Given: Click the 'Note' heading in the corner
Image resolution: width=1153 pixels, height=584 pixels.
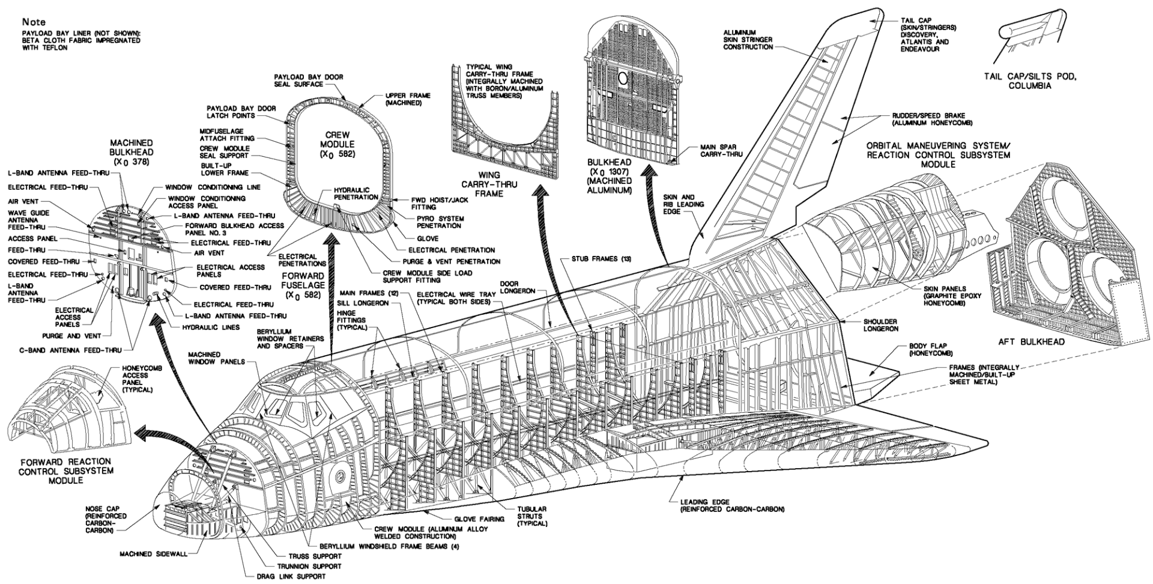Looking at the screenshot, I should pos(34,22).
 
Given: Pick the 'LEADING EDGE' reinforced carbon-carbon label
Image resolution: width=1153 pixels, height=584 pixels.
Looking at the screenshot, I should pos(732,505).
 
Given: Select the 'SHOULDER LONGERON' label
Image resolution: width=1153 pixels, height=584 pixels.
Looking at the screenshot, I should pos(881,325).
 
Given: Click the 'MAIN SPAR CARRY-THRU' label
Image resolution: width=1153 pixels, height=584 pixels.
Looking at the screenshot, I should pos(721,150).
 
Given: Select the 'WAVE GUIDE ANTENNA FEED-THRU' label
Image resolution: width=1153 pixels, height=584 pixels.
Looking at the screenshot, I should pos(29,221).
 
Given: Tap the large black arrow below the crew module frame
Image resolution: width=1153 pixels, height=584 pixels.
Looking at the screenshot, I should pos(331,259).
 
